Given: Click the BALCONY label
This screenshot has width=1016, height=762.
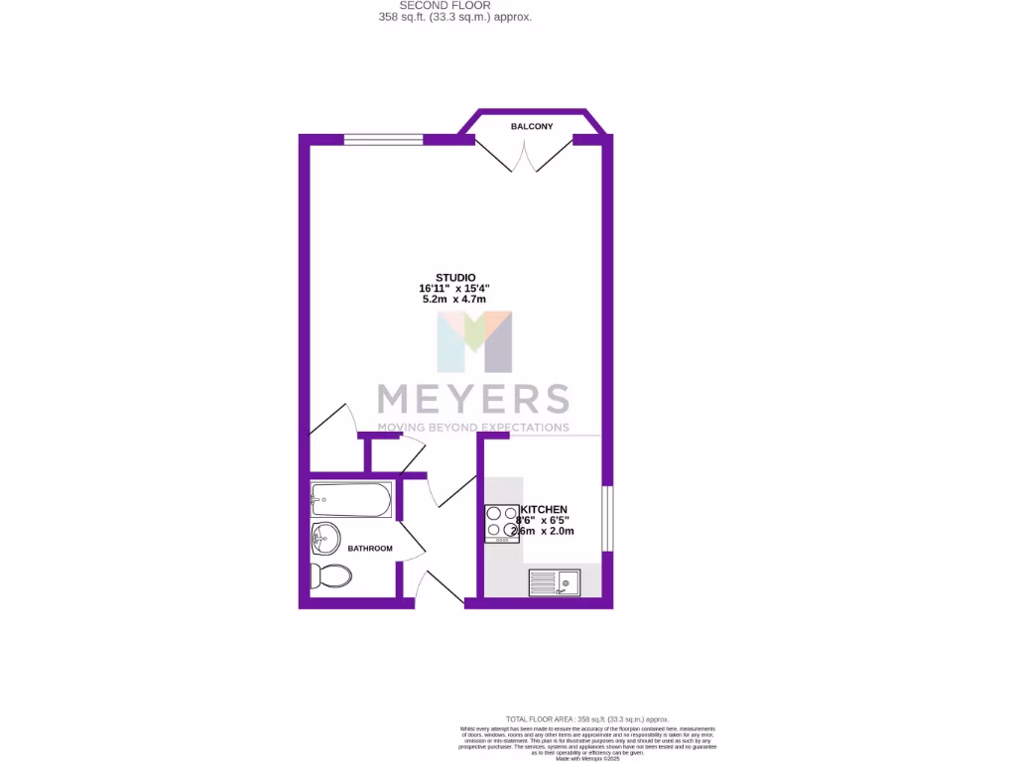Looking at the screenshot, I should pyautogui.click(x=532, y=127).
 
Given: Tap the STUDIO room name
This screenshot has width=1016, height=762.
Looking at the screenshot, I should pyautogui.click(x=455, y=277).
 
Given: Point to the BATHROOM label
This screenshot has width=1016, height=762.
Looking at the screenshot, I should pyautogui.click(x=370, y=549).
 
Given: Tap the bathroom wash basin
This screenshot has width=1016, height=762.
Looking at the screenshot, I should pyautogui.click(x=323, y=541).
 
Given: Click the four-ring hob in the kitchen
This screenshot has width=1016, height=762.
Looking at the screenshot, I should pyautogui.click(x=502, y=524).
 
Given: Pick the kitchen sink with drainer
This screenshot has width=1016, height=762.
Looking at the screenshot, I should pyautogui.click(x=555, y=581).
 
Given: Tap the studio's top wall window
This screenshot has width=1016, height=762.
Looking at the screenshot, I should pyautogui.click(x=383, y=140).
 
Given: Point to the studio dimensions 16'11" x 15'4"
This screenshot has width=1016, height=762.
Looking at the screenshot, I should pyautogui.click(x=454, y=288).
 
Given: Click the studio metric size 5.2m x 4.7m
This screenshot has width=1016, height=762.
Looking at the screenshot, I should pyautogui.click(x=454, y=300).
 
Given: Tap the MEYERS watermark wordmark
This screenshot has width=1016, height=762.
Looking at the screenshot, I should pyautogui.click(x=472, y=398).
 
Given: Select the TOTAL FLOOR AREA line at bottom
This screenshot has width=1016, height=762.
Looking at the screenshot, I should pyautogui.click(x=587, y=718).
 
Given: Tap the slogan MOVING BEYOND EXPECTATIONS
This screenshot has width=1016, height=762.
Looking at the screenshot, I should pyautogui.click(x=472, y=427).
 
